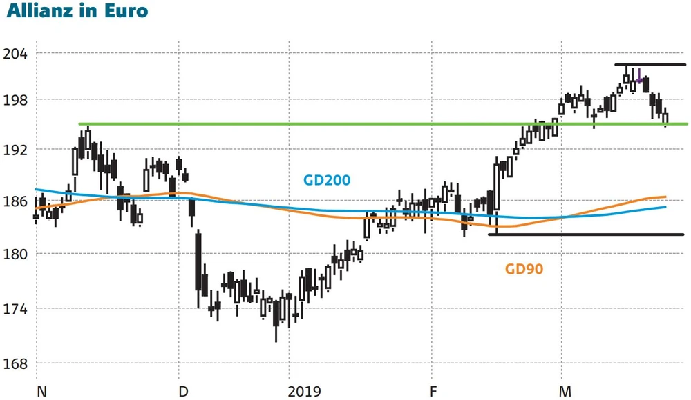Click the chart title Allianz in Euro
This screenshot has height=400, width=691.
click(x=77, y=12)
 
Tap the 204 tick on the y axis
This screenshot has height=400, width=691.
click(x=16, y=54)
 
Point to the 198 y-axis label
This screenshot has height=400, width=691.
click(x=16, y=100)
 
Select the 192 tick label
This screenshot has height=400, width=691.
click(x=16, y=150)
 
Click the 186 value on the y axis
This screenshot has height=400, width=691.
click(x=16, y=201)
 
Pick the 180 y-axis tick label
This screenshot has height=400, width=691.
click(x=16, y=254)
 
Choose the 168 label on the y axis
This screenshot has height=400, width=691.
click(x=16, y=363)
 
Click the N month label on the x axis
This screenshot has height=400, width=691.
click(x=41, y=392)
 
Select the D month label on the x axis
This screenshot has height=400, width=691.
click(x=184, y=392)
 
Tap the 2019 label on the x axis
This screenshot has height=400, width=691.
click(x=305, y=392)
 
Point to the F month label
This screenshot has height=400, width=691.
click(x=433, y=392)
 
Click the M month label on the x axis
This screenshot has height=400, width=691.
click(x=565, y=392)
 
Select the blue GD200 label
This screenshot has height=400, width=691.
click(x=327, y=181)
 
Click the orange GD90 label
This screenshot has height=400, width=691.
click(x=524, y=269)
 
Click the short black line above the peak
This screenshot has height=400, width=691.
click(x=650, y=65)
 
